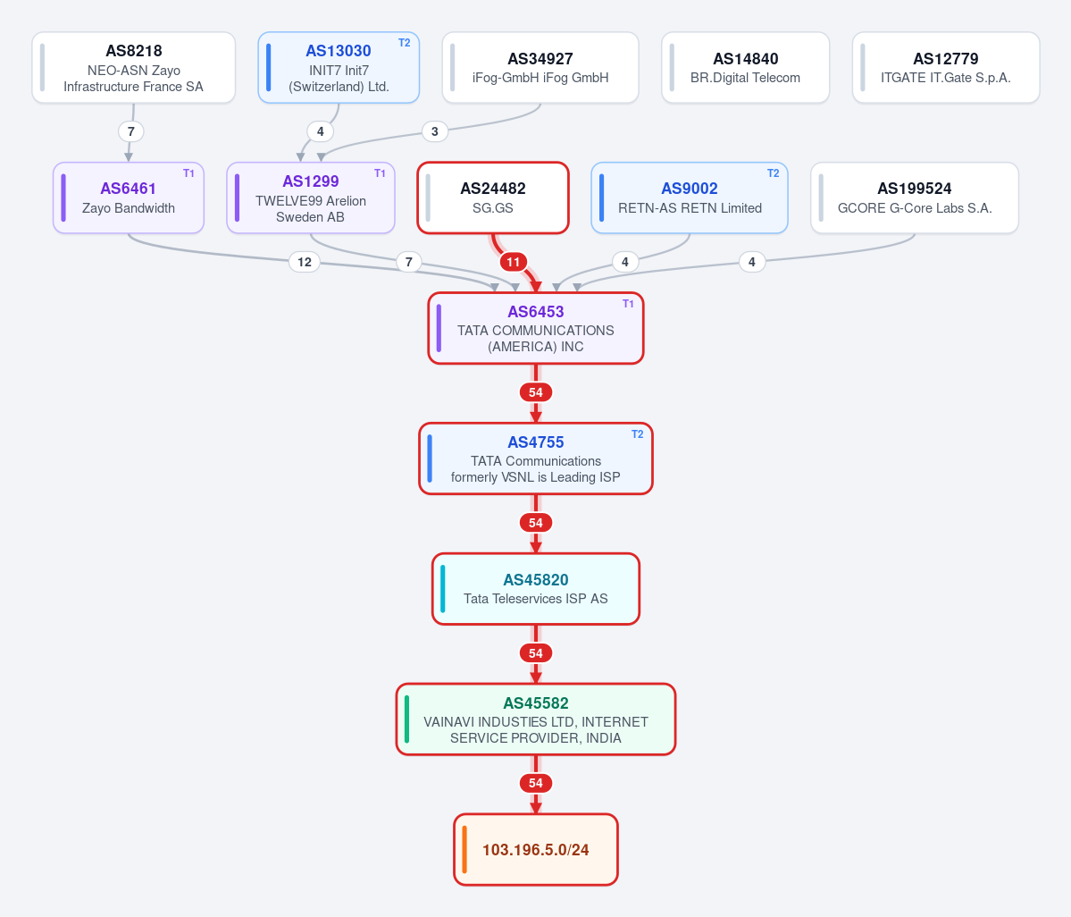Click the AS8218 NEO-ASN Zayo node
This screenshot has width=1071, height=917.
coord(134,68)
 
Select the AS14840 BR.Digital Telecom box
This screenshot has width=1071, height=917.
coord(745,68)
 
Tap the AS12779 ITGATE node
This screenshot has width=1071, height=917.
coord(946,68)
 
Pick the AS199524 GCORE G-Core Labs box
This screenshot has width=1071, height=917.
coord(915,198)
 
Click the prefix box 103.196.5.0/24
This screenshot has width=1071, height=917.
coord(536,849)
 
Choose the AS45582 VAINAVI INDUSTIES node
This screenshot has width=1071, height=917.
coord(536,719)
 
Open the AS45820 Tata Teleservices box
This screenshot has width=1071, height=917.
coord(536,589)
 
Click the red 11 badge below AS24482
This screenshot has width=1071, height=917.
coord(513,262)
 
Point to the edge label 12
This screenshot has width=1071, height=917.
coord(305,262)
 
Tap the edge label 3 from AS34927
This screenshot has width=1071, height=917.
coord(435,131)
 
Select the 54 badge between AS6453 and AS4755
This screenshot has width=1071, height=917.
coord(536,392)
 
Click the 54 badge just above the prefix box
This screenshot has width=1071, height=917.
coord(536,783)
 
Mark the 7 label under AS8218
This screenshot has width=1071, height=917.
coord(131,131)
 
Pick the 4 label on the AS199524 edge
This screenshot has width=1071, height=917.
coord(752,262)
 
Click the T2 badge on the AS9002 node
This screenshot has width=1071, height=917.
coord(774,173)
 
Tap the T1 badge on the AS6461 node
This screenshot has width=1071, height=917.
coord(188,173)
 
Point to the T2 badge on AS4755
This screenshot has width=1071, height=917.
coord(637,434)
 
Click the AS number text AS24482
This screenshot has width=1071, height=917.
coord(493,189)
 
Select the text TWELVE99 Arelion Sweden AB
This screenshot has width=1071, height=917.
coord(311,209)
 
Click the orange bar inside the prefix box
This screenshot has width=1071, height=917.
coord(464,849)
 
